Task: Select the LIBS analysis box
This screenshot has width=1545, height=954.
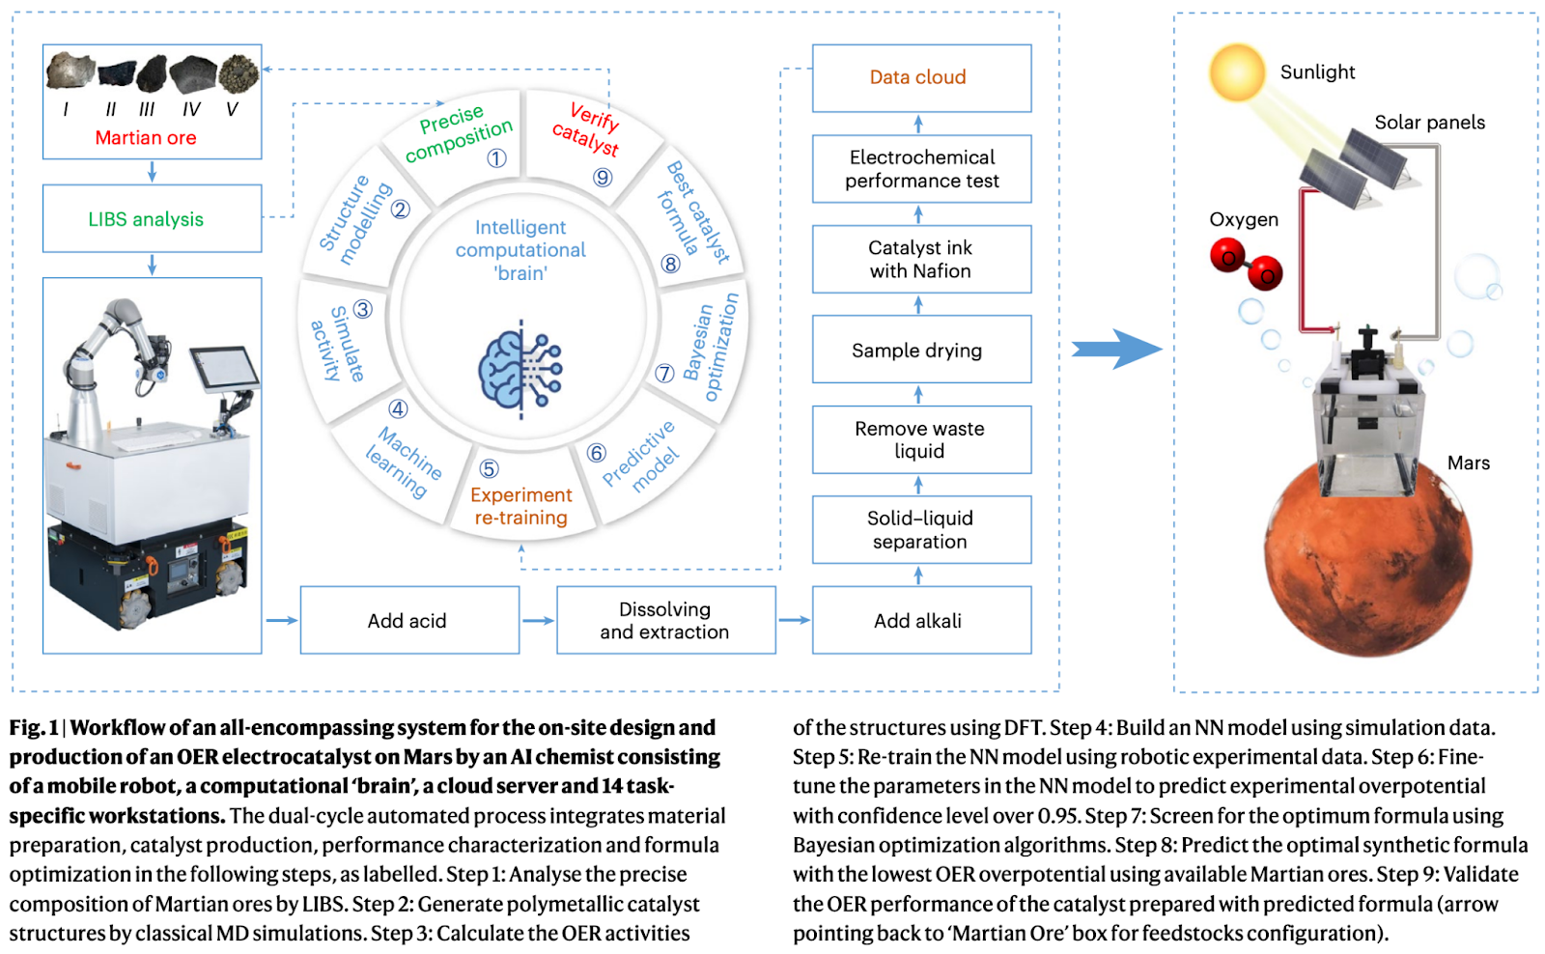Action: pos(152,219)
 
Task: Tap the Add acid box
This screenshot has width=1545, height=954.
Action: pos(409,621)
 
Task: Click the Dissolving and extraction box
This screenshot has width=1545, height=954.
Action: pos(665,621)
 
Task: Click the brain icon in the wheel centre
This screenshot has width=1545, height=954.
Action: pos(520,370)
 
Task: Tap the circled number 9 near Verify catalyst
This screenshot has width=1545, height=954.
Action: pos(603,177)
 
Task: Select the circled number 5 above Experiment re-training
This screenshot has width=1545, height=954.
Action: pos(490,469)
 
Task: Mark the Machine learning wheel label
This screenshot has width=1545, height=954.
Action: pos(404,462)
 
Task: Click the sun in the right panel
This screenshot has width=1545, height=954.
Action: pos(1236,72)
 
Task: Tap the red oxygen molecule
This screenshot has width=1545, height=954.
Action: pos(1246,265)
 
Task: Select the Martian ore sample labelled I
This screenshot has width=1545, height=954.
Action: pos(70,71)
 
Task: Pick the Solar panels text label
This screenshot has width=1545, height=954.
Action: pos(1429,123)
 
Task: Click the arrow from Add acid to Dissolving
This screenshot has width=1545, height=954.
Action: pos(538,621)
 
